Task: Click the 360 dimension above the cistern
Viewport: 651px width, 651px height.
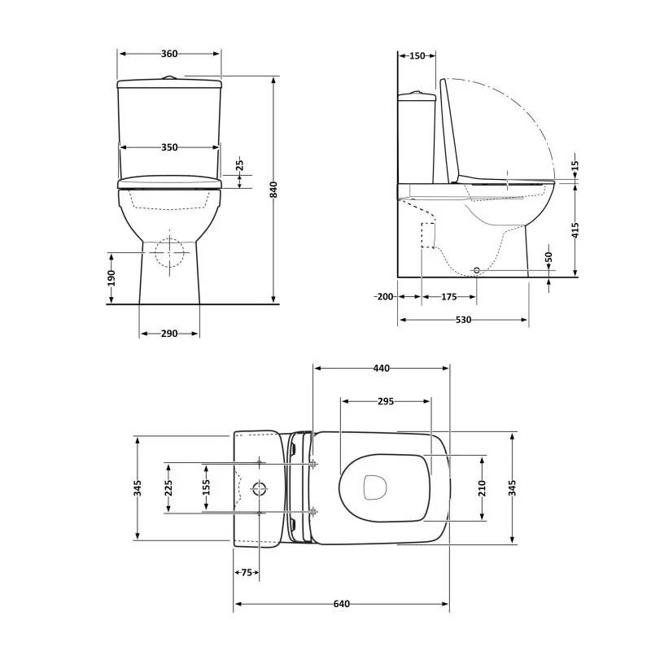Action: pos(169,54)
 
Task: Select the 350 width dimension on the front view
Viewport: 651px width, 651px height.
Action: pos(169,147)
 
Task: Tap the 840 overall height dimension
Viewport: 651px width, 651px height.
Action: pos(274,190)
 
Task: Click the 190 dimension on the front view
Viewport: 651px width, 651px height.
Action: pos(111,278)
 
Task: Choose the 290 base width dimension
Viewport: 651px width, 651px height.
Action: pos(169,334)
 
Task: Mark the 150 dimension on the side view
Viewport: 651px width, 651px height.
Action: pos(417,55)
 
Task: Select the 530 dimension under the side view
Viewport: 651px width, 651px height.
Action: pos(463,320)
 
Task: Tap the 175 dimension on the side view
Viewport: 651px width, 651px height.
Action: pos(448,297)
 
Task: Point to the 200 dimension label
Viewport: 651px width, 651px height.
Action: pos(384,297)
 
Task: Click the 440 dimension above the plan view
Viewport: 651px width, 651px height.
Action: pos(381,368)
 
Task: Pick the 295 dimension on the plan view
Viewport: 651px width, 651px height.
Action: pos(386,401)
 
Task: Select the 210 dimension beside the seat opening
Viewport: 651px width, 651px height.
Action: pos(482,487)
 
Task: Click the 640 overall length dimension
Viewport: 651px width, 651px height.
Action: pos(341,604)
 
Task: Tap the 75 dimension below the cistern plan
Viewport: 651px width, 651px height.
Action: pos(247,573)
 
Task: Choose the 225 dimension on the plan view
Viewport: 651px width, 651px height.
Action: pos(169,487)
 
